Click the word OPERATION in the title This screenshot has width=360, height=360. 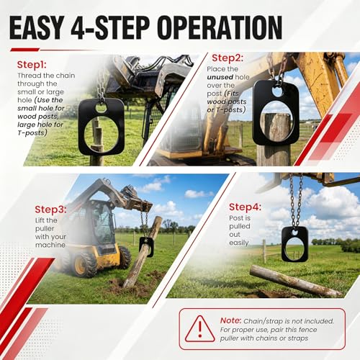tap(220, 27)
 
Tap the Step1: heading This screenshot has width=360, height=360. tap(32, 65)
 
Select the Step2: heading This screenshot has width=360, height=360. tap(228, 58)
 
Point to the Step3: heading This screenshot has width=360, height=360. tap(50, 210)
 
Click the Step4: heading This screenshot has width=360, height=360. tap(246, 207)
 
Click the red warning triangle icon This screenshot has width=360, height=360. tap(200, 329)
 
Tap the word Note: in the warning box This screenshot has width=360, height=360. tap(230, 320)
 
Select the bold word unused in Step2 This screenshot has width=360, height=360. tap(220, 77)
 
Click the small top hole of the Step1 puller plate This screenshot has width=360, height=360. tap(101, 108)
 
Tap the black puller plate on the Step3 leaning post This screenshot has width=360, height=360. tap(147, 246)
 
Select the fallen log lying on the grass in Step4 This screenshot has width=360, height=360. tap(295, 281)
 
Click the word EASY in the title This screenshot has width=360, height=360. tap(37, 27)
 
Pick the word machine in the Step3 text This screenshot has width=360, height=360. tap(50, 245)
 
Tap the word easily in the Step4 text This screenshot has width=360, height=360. tap(239, 243)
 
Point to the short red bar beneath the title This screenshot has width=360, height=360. tap(24, 50)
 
